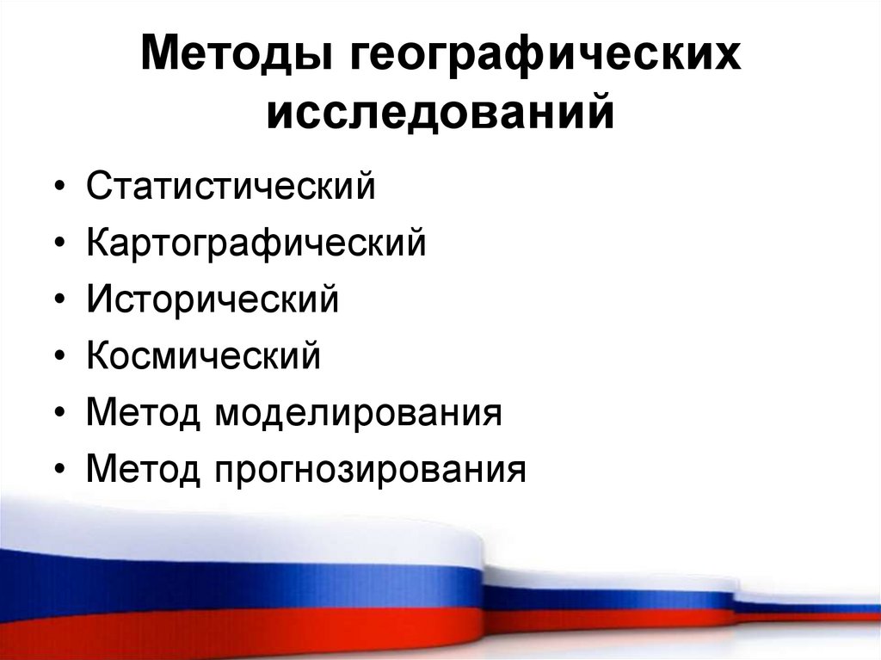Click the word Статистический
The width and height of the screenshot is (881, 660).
(x=231, y=187)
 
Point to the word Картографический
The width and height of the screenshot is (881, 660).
(x=256, y=244)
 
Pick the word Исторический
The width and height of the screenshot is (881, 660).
(x=213, y=299)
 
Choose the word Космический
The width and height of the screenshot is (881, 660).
(x=203, y=355)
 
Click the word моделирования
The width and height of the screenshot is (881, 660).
(x=359, y=412)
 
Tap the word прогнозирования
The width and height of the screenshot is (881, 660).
(x=370, y=469)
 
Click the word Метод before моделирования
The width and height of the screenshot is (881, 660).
(x=143, y=412)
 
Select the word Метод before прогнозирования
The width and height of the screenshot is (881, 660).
(x=143, y=469)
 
